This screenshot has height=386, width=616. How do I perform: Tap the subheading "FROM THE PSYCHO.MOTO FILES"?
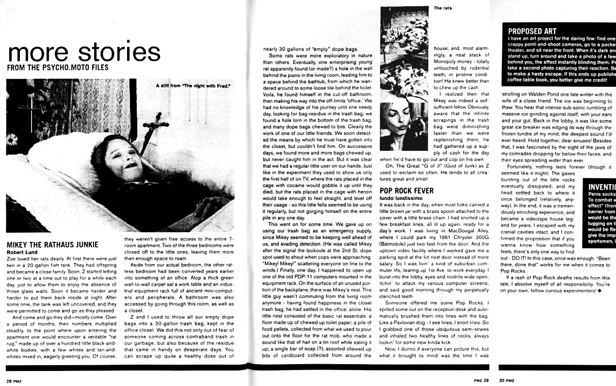58,68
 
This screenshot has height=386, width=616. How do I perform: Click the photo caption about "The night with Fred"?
192,86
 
